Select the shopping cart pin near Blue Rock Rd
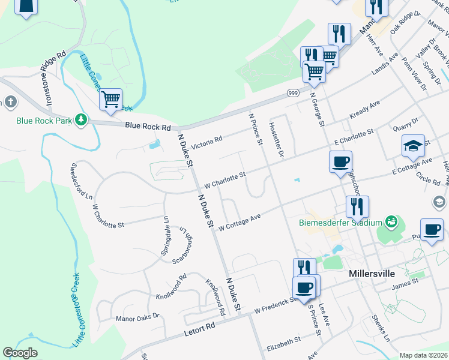[x=110, y=100]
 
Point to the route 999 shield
[x=294, y=92]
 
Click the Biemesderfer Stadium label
[x=341, y=223]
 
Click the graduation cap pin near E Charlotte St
[x=413, y=146]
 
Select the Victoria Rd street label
[x=206, y=142]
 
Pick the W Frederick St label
[x=276, y=305]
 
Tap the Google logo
[x=20, y=353]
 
